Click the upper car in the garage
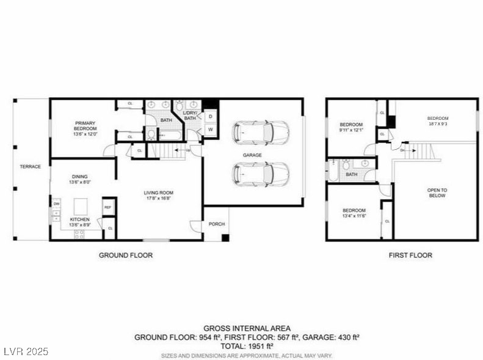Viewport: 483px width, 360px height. pos(261,131)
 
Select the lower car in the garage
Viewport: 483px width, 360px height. pos(261,174)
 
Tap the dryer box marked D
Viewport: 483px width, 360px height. pos(209,116)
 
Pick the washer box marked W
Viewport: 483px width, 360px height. pos(209,130)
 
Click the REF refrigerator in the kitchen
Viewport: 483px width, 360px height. pos(108,207)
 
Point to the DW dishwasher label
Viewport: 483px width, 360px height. pos(56,204)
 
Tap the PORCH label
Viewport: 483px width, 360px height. pos(216,224)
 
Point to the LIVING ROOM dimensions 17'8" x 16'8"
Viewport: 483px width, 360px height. pos(157,197)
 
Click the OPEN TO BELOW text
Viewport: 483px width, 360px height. pos(437,193)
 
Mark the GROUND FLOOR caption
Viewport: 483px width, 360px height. pos(126,255)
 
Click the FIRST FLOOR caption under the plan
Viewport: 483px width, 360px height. pos(410,255)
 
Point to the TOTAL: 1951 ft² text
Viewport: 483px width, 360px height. pos(247,345)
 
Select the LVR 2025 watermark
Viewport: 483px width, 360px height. pos(25,352)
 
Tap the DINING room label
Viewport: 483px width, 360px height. pos(81,179)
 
